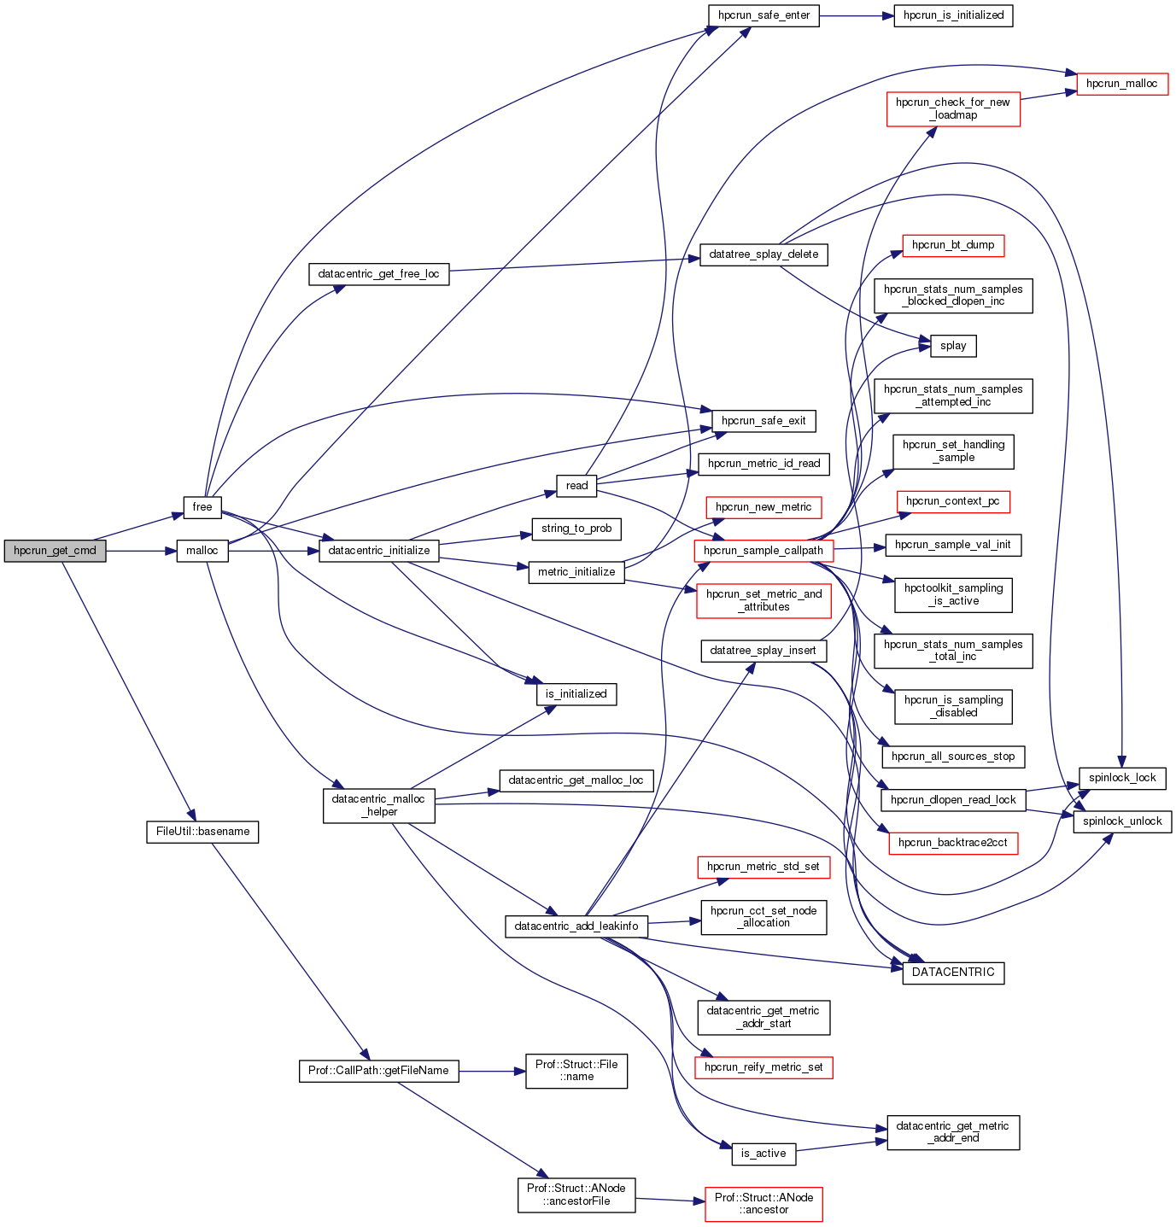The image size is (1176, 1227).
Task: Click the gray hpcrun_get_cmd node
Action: pos(55,551)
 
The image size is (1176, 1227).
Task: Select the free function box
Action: pos(202,507)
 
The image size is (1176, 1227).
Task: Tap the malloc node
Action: pos(202,551)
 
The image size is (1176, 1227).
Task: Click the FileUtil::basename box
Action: pos(202,832)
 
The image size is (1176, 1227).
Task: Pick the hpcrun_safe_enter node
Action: pos(764,15)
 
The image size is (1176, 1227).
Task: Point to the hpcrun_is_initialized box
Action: pos(953,15)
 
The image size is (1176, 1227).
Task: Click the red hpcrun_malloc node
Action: pos(1122,84)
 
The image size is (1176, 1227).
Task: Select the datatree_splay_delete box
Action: pos(764,254)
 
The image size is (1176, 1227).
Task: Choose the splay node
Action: pos(953,346)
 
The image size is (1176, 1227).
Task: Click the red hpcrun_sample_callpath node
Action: pos(764,551)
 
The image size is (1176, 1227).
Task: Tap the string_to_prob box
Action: pos(576,529)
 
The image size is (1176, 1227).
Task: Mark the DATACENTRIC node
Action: pos(953,973)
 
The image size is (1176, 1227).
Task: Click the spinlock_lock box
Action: pos(1122,778)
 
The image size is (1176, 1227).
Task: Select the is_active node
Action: pos(764,1154)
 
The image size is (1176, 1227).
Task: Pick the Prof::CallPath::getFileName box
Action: pos(378,1071)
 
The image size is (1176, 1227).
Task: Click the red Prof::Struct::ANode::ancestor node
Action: pos(764,1204)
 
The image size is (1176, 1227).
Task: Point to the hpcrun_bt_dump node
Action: pos(953,245)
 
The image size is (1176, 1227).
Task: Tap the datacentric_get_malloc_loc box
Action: pos(576,780)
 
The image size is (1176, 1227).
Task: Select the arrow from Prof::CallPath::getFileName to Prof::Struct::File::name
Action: pos(492,1071)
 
